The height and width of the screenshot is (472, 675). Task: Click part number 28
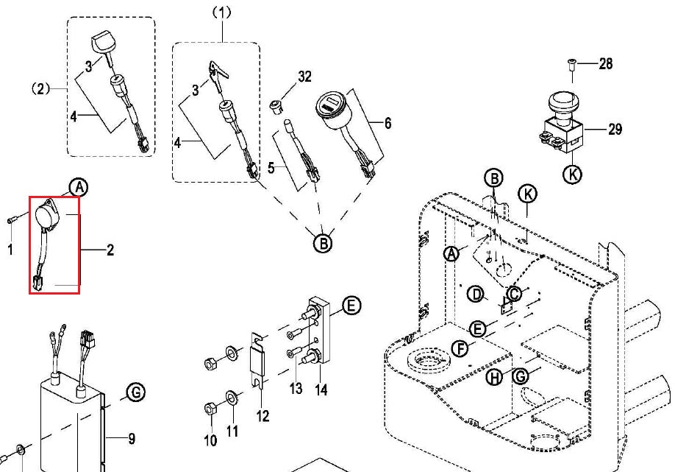tap(605, 64)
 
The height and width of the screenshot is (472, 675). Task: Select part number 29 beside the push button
tap(615, 130)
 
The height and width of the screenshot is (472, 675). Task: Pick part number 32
tap(304, 76)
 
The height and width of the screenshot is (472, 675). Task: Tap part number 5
tap(272, 168)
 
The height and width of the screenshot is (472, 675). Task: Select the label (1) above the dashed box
tap(221, 12)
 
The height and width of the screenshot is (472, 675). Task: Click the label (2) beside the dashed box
tap(40, 88)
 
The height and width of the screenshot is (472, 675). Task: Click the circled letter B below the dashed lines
tap(323, 242)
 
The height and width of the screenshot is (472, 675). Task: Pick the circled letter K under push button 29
tap(571, 175)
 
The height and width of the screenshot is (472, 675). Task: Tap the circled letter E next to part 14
tap(352, 305)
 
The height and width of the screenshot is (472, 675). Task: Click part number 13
tap(296, 388)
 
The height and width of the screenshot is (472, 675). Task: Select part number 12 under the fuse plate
tap(262, 417)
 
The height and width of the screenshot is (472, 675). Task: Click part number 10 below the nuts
tap(210, 440)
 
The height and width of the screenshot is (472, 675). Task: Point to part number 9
tap(131, 440)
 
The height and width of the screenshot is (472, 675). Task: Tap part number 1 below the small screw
tap(10, 250)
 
